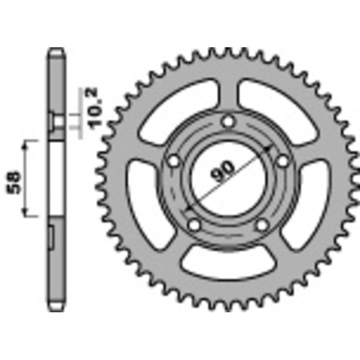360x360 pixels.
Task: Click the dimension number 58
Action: tap(14, 182)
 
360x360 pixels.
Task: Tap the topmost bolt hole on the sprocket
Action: tap(229, 121)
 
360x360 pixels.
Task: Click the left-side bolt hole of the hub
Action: tap(172, 161)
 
